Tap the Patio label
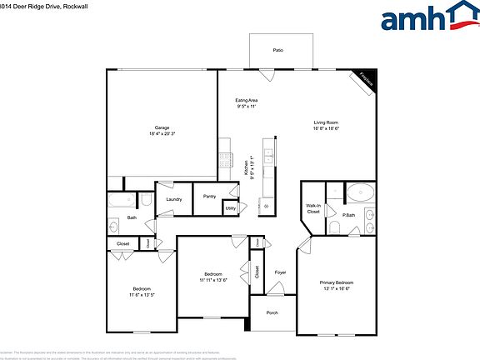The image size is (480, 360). tap(277, 51)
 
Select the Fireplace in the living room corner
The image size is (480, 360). tap(365, 78)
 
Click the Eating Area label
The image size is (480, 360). tap(247, 100)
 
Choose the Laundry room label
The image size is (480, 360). tap(174, 199)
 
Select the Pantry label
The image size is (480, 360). tap(208, 197)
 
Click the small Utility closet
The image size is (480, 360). tap(231, 207)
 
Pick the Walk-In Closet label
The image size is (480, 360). tap(313, 209)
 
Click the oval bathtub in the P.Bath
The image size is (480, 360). tap(362, 192)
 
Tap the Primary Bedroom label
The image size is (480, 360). tap(337, 282)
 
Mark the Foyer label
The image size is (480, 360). tap(281, 272)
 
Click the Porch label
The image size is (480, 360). tap(272, 313)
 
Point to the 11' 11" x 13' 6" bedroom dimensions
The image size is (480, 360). tap(213, 281)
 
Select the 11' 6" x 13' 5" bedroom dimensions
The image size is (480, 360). tap(142, 295)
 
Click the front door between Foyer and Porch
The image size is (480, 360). tap(273, 293)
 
